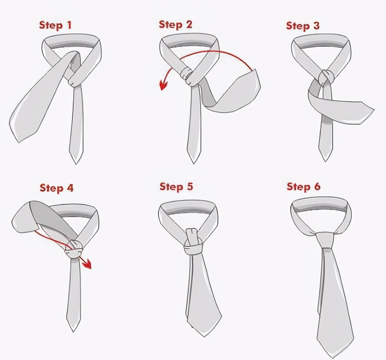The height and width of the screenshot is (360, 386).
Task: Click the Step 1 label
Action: tap(55, 25)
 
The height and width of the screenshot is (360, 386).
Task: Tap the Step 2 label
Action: tap(176, 25)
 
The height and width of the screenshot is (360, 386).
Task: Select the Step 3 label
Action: tap(303, 26)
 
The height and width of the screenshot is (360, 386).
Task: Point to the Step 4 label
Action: tap(57, 188)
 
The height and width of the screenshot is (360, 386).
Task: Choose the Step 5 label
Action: tap(176, 187)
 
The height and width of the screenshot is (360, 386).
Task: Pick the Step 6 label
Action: tap(303, 187)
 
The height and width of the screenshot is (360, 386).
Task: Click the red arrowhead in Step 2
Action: tap(163, 85)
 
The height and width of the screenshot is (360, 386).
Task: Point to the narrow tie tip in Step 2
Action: tap(194, 163)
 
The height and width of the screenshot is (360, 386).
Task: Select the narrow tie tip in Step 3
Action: tap(325, 161)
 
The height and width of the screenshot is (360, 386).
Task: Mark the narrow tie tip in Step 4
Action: tap(73, 331)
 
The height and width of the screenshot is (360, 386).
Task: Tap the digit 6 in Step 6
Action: tap(317, 187)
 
